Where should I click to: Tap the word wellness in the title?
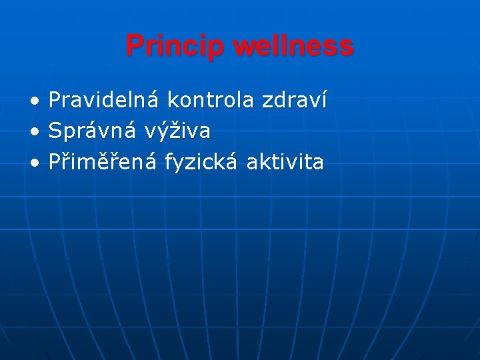pos(293,46)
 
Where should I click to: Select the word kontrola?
pos(210,101)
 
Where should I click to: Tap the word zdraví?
pos(294,101)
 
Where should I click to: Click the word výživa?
pos(177,132)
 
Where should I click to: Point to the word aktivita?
pos(285,162)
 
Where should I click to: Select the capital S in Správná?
pos(55,131)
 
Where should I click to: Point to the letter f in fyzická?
pos(169,162)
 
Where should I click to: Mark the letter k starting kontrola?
pos(172,101)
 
